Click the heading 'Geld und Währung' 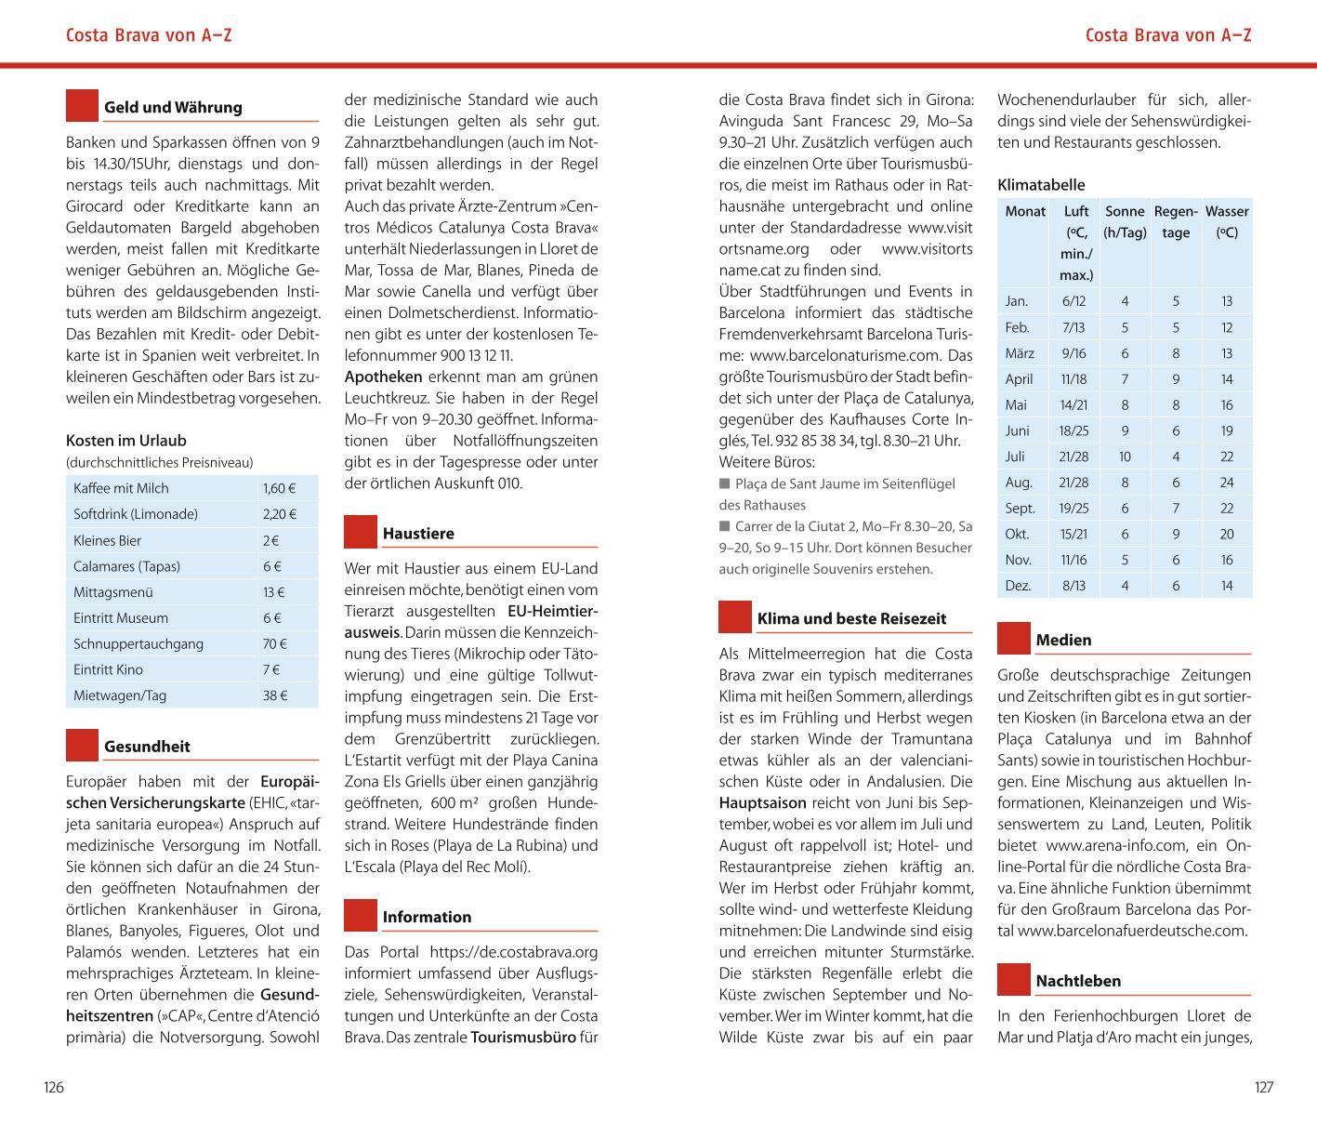coord(173,107)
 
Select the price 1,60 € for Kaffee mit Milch coord(279,488)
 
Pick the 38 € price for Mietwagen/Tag coord(275,695)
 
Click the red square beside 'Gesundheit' coord(82,746)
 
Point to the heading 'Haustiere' coord(418,534)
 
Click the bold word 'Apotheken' coord(383,377)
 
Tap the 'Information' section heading coord(427,917)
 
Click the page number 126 coord(54,1087)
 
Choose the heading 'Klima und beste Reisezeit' coord(851,618)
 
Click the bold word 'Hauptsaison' coord(763,802)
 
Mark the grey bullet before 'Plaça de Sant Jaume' coord(725,483)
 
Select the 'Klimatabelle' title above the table coord(1041,185)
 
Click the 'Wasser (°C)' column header coord(1227,222)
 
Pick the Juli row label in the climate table coord(1015,457)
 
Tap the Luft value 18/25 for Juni coord(1073,430)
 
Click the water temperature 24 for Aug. coord(1227,483)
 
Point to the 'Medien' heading coord(1063,640)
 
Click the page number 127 coord(1263,1087)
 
